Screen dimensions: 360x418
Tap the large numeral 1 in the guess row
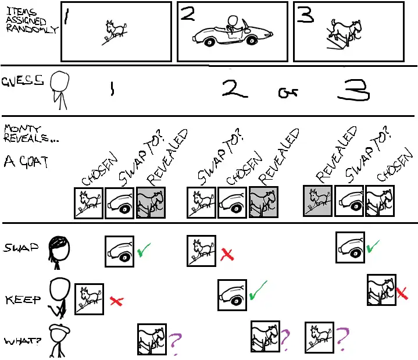coord(112,89)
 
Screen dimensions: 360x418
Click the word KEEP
coord(23,300)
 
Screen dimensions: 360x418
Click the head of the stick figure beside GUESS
coord(60,81)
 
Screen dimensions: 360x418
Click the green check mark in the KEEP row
coord(258,290)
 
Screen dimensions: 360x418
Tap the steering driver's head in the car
coord(233,22)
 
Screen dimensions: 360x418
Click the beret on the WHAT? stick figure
coord(59,329)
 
